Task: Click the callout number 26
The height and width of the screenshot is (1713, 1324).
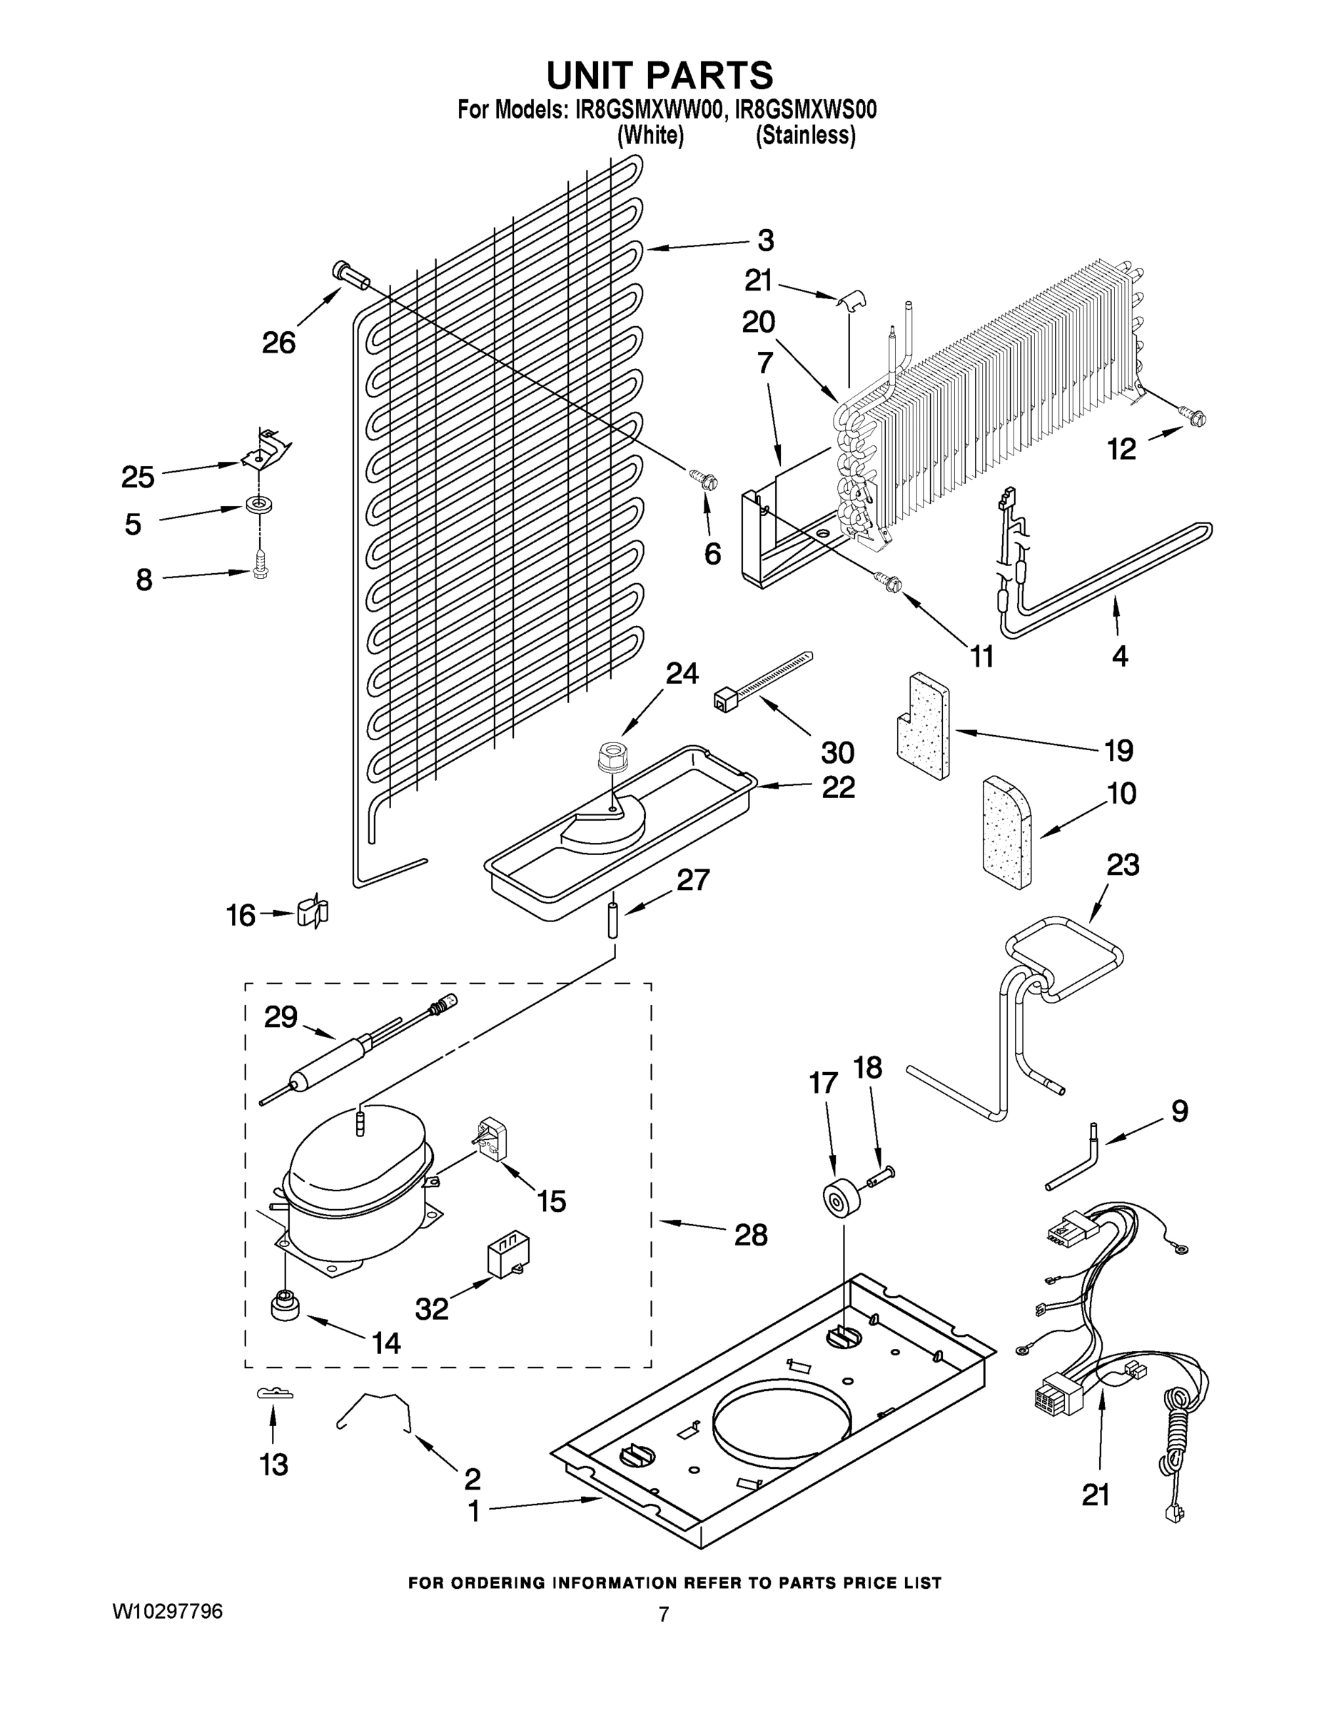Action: [x=278, y=342]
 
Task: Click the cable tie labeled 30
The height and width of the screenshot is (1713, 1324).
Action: [x=760, y=675]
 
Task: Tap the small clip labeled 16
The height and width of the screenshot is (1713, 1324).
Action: [x=312, y=912]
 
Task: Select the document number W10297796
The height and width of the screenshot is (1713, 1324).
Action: [x=167, y=1611]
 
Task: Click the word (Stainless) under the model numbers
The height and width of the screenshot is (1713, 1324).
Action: [x=805, y=136]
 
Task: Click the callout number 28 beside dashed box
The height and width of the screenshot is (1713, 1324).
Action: [x=750, y=1236]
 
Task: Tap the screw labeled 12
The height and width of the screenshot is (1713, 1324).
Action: [x=1191, y=419]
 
